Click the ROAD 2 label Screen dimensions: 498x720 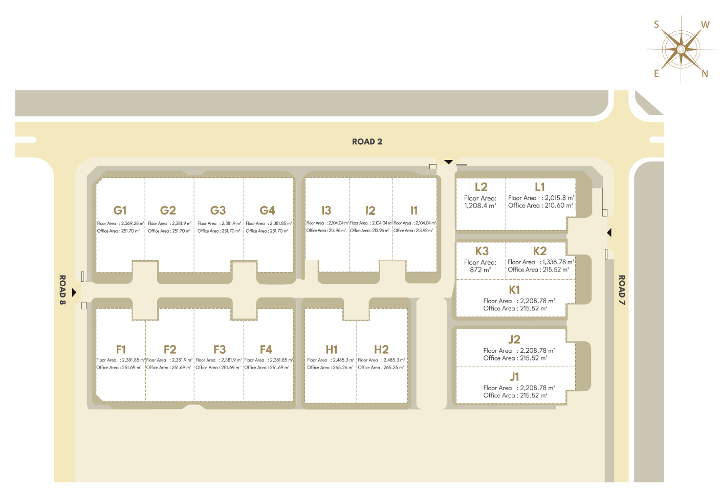click(367, 142)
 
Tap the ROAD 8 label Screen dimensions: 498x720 click(62, 290)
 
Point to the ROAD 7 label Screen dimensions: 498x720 click(622, 290)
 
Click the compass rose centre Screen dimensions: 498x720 click(681, 49)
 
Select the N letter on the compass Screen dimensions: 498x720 click(705, 74)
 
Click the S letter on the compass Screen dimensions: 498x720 click(657, 25)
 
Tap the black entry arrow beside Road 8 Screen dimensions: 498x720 click(74, 292)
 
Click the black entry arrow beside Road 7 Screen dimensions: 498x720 click(609, 233)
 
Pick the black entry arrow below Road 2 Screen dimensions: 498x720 click(449, 162)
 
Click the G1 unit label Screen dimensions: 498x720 click(120, 210)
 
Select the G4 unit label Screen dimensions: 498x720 click(267, 210)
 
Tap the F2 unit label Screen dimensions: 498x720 click(170, 349)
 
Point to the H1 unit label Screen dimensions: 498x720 click(332, 349)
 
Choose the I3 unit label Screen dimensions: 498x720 click(326, 210)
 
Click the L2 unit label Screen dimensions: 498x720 click(481, 187)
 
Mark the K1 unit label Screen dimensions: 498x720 click(514, 289)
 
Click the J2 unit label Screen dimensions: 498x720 click(514, 339)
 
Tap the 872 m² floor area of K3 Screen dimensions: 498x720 click(480, 270)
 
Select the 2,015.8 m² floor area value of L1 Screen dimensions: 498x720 click(559, 198)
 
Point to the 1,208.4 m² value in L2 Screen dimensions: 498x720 click(480, 206)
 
